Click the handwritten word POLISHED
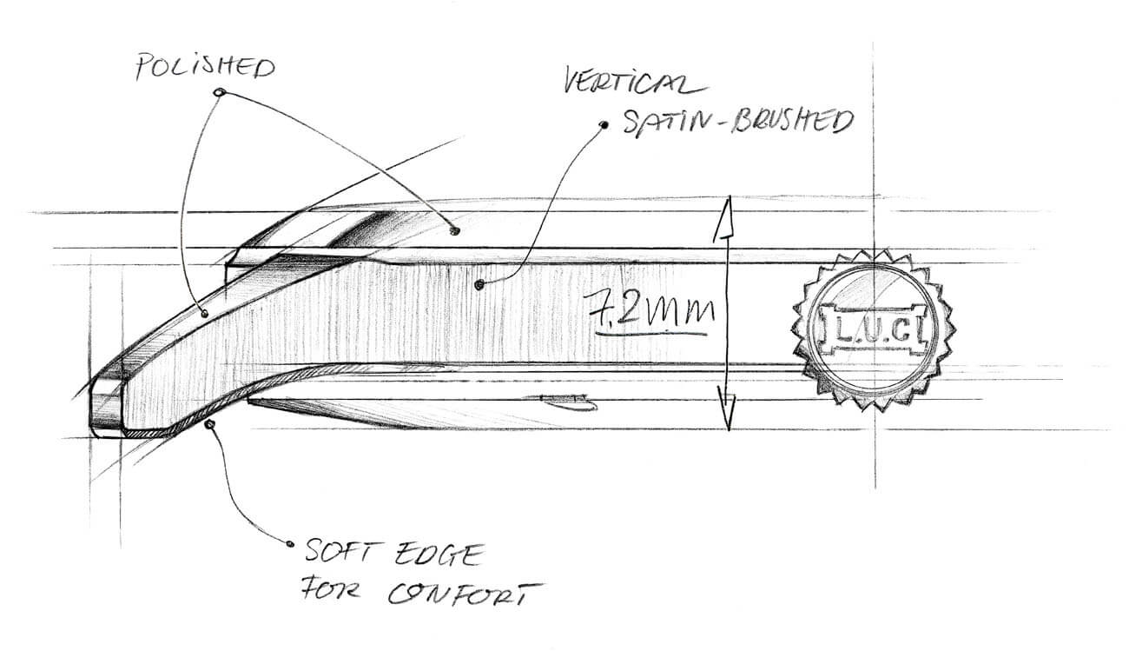(x=205, y=66)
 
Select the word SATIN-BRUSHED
(x=738, y=122)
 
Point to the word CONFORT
(x=464, y=593)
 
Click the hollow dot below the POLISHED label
(x=219, y=92)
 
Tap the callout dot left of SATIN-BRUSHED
(x=603, y=124)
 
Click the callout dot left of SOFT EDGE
(x=290, y=544)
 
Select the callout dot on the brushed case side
(x=479, y=285)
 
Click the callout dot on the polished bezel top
(x=454, y=230)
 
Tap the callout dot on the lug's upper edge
(x=205, y=313)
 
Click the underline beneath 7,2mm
(x=651, y=333)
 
